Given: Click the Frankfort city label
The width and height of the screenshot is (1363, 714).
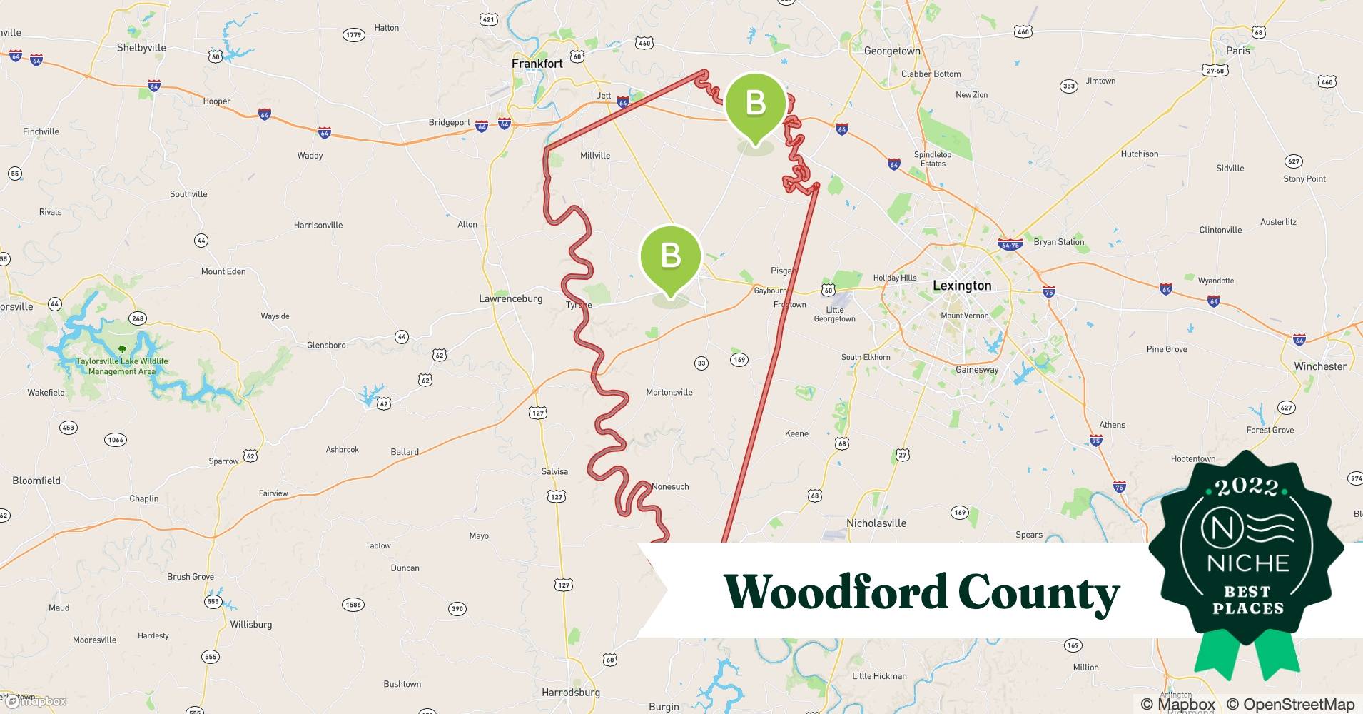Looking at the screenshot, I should [537, 64].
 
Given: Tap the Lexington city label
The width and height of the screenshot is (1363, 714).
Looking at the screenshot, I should [961, 286].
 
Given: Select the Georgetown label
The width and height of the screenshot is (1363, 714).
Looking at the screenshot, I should [891, 51].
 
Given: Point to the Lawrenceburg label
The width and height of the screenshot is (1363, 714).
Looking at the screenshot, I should [510, 298].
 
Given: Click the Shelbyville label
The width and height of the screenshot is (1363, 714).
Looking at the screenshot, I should [141, 48].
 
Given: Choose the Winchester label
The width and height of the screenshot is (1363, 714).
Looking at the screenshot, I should [1319, 366].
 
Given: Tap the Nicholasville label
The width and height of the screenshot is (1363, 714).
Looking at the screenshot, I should [876, 523].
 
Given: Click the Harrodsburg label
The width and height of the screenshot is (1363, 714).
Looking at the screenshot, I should [570, 692].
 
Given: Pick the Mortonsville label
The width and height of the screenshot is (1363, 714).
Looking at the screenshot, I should [669, 392].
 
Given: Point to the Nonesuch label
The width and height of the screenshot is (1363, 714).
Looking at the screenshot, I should [670, 486].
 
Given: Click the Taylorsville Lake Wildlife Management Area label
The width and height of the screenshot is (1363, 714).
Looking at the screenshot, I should [122, 366].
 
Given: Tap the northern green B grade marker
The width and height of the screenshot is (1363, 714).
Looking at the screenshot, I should [755, 104].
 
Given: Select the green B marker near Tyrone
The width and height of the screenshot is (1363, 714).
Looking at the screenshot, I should [670, 256].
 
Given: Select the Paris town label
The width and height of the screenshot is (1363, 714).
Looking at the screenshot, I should [1237, 51].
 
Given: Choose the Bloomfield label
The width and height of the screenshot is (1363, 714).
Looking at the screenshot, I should [36, 481].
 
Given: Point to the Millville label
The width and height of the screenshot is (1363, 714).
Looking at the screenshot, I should [594, 155].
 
